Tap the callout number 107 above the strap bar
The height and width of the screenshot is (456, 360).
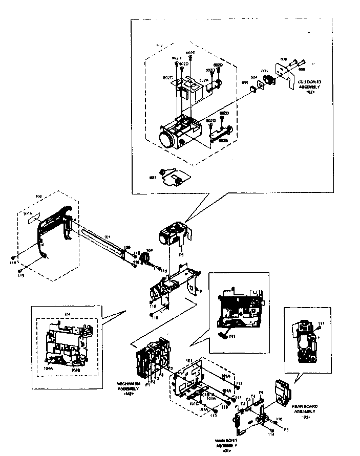pos(107,237)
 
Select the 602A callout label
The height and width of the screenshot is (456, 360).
pos(203,80)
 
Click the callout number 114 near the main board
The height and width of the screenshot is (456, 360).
pos(270,435)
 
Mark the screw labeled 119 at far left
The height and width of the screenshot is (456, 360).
pos(14,257)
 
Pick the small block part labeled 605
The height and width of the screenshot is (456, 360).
pos(253,89)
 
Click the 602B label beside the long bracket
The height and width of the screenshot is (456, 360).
pos(223,139)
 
